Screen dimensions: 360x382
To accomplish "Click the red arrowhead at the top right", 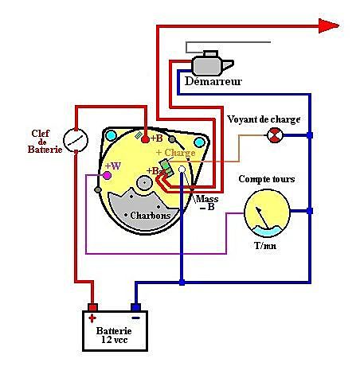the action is tap(329, 25).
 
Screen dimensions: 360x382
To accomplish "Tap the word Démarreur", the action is tap(213, 81).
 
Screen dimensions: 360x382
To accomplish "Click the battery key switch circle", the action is tap(76, 140).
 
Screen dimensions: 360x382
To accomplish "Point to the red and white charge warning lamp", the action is tap(275, 135).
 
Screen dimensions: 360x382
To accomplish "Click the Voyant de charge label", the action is tap(264, 119).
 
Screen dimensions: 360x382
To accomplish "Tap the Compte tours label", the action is tap(267, 179).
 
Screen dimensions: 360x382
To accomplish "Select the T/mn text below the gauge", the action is tap(265, 246).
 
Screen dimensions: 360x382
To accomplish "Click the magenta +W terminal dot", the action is tap(107, 175).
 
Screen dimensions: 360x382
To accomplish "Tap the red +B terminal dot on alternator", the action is tap(145, 139).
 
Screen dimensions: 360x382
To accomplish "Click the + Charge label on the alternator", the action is tap(176, 153).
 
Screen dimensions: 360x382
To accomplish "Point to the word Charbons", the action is tap(151, 215).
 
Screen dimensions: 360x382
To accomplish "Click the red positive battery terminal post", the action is tap(92, 307).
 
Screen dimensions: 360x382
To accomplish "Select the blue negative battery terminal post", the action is tap(135, 307).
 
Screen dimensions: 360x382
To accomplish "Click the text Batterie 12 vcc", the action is tap(114, 335).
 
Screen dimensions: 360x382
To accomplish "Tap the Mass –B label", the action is tap(207, 203).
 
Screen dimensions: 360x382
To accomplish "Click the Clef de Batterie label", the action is tap(45, 142).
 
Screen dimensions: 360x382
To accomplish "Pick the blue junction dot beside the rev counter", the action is tap(310, 211).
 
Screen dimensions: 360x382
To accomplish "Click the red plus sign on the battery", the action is tap(92, 318).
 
